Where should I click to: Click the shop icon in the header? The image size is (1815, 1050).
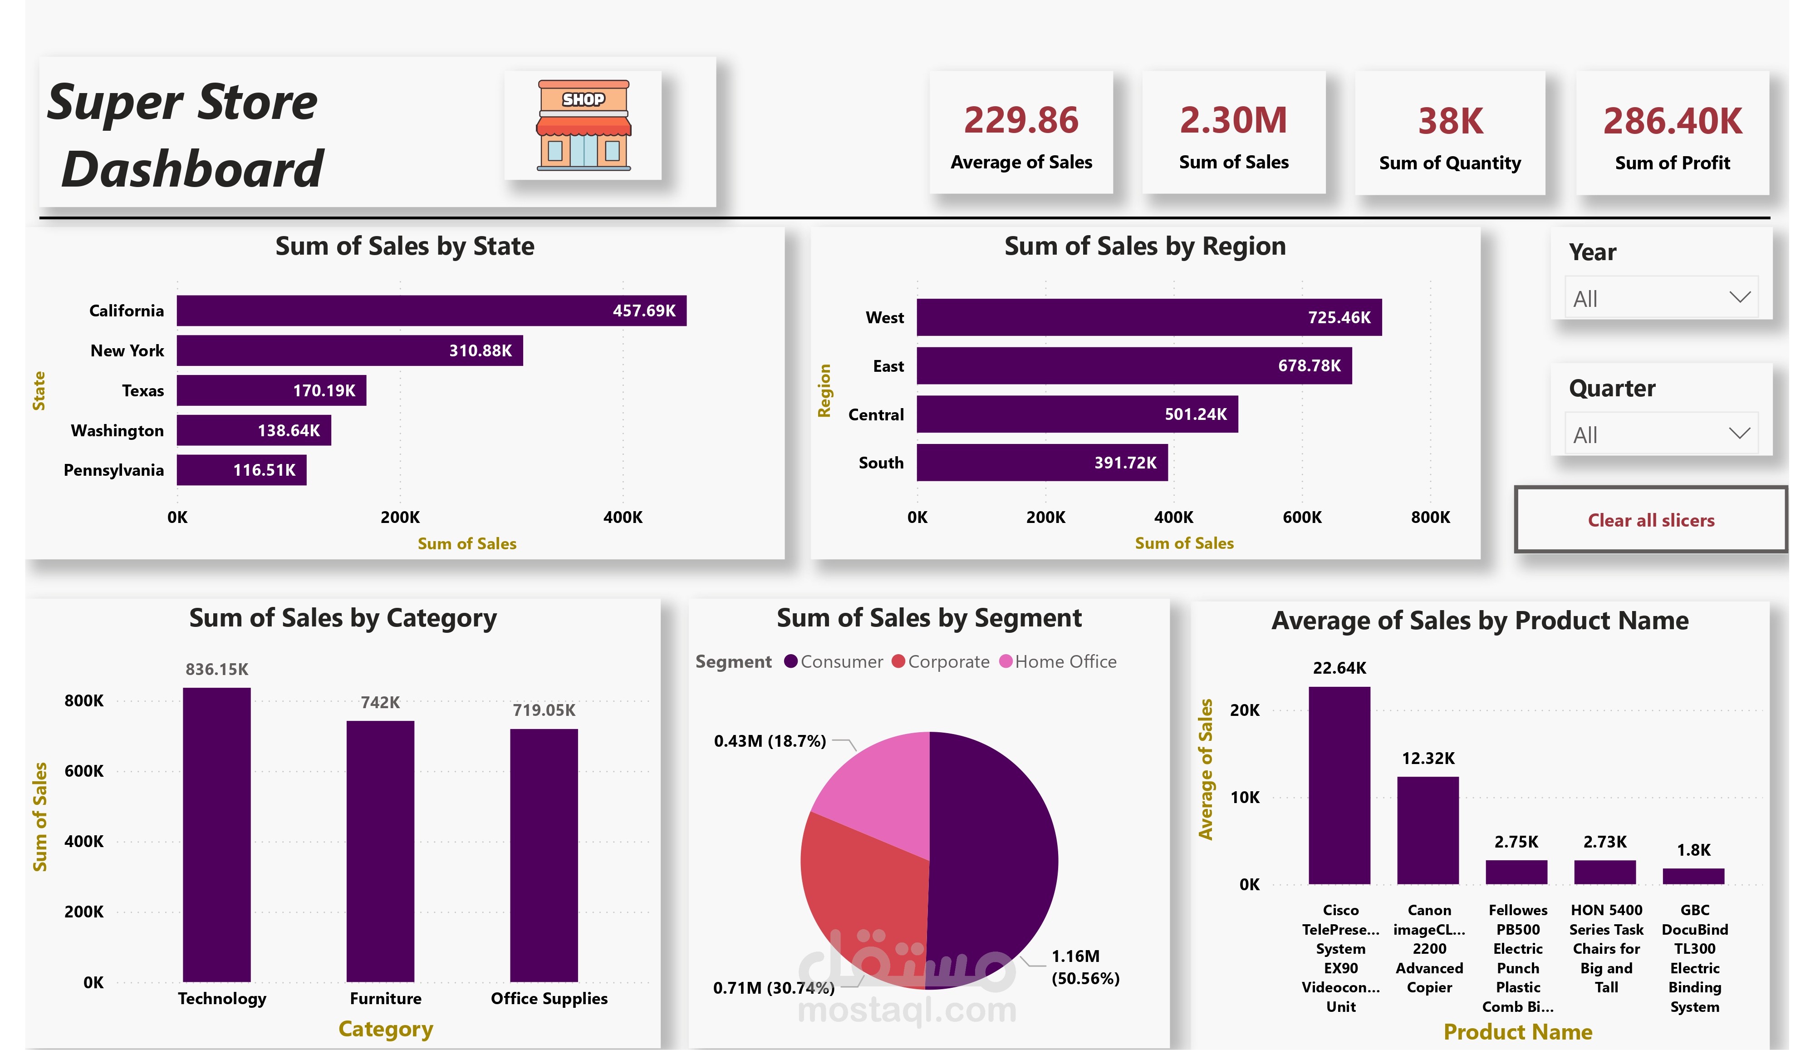click(584, 125)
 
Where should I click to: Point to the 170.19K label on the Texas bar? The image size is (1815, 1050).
click(324, 390)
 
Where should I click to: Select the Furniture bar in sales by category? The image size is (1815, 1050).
click(380, 850)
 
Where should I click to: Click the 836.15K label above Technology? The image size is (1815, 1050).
click(217, 670)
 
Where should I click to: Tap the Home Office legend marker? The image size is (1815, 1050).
click(1006, 661)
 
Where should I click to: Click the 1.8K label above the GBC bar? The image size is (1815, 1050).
click(1693, 850)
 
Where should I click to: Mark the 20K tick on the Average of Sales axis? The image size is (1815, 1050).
click(1245, 710)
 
